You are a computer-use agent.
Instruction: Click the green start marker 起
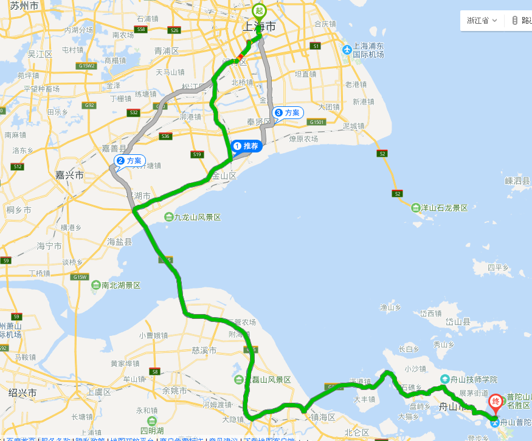click(260, 11)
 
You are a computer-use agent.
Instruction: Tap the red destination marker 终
click(496, 402)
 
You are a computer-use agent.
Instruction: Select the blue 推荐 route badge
click(246, 146)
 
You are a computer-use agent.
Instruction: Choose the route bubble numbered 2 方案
click(129, 160)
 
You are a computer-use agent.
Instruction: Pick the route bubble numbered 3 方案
click(288, 112)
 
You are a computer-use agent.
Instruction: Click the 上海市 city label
click(259, 27)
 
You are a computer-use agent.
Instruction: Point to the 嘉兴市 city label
click(69, 175)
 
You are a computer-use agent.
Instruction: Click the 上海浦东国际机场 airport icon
click(347, 50)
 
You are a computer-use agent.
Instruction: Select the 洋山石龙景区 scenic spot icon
click(416, 208)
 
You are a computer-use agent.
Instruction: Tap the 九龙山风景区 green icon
click(168, 217)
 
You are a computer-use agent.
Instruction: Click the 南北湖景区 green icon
click(95, 285)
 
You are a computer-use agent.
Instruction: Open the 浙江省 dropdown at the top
click(482, 20)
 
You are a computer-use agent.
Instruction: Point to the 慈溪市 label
click(204, 350)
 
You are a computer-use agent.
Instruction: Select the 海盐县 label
click(120, 242)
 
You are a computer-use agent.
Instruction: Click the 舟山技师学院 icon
click(444, 379)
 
